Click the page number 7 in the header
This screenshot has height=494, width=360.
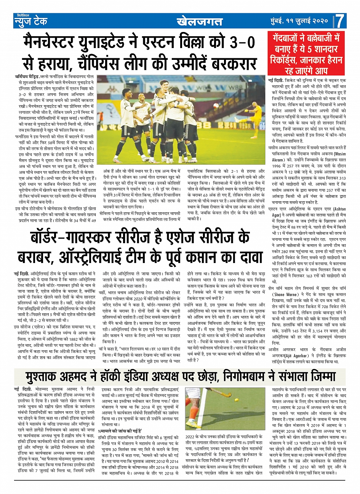(341, 21)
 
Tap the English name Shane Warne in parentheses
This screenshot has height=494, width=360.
(288, 294)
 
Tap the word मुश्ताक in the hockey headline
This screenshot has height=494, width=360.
(45, 377)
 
